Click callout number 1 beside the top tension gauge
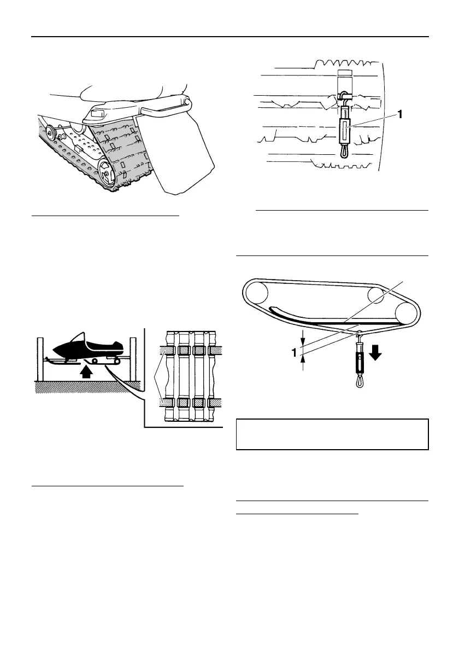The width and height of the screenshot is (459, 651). pyautogui.click(x=401, y=115)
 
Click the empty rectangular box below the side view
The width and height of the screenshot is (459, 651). pyautogui.click(x=332, y=434)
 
